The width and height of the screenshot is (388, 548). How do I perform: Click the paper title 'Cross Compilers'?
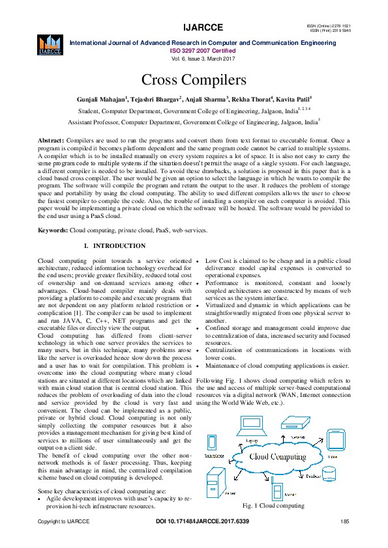pyautogui.click(x=194, y=80)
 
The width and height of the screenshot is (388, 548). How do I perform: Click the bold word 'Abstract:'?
pyautogui.click(x=51, y=141)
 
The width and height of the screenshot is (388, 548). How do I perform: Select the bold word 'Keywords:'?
pyautogui.click(x=53, y=230)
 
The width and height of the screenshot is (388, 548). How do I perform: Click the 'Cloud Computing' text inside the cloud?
pyautogui.click(x=278, y=456)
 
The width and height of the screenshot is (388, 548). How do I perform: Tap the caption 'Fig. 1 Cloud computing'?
pyautogui.click(x=273, y=506)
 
